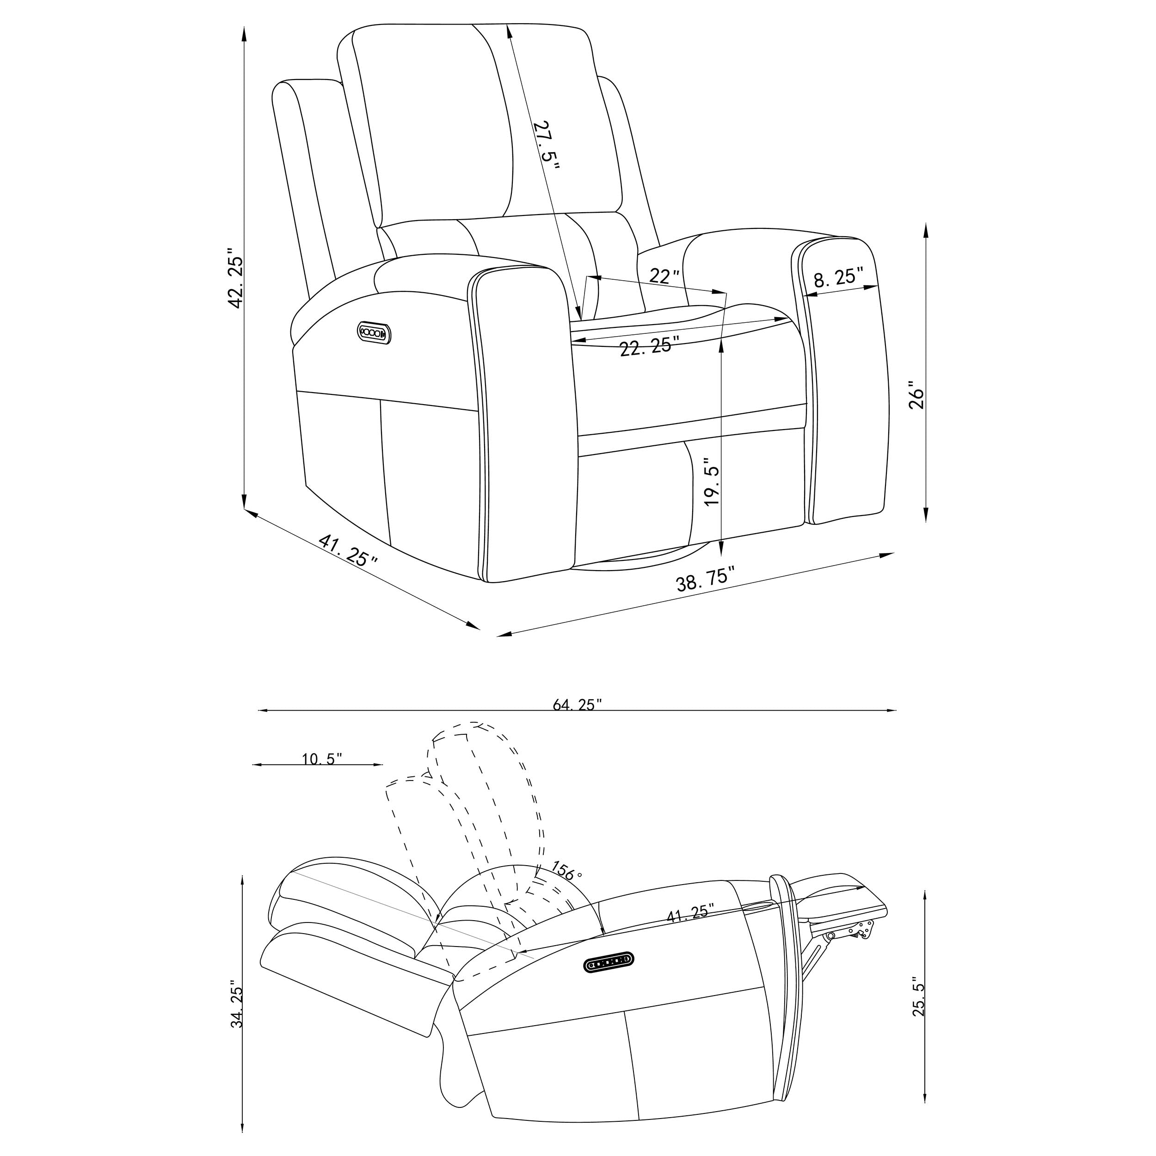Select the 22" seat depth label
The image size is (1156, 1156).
click(x=664, y=276)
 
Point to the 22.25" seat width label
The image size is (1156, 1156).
click(x=650, y=347)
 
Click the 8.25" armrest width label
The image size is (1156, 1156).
click(x=838, y=277)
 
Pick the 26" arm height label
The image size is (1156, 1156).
click(x=916, y=395)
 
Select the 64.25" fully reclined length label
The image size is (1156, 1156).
click(x=577, y=705)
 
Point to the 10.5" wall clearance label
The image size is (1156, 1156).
click(x=322, y=759)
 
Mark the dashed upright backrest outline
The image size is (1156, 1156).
click(x=479, y=790)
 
